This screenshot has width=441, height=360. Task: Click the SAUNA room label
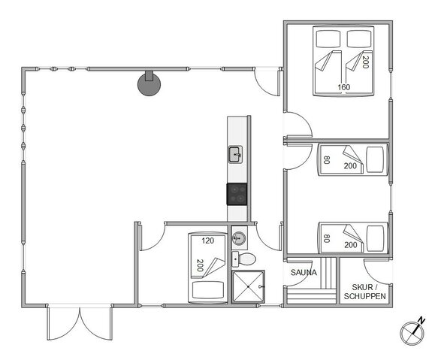pos(304,272)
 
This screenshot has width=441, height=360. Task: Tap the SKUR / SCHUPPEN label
pos(365,292)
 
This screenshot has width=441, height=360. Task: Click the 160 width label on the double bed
pos(344,87)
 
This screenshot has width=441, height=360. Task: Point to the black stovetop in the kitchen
pos(238,194)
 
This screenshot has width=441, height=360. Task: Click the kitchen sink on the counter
pos(237,156)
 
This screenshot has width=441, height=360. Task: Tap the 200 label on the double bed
pos(366,62)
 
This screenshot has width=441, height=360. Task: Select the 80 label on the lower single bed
pos(327,240)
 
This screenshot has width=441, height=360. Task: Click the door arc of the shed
pos(373,268)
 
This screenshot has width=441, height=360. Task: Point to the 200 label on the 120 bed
pos(200,266)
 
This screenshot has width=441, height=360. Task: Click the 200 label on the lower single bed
pos(350,245)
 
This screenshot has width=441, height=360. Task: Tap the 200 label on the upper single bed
pos(350,166)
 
